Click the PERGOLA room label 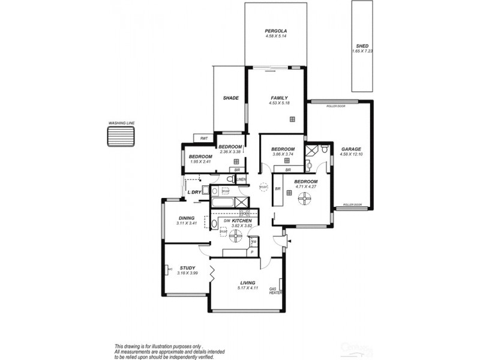click(x=277, y=31)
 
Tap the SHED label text click(x=362, y=46)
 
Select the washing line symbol click(x=121, y=136)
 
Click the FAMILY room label click(x=279, y=98)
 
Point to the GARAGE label click(x=351, y=149)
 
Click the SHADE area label click(x=231, y=98)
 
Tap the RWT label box click(x=204, y=139)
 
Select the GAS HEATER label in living click(x=276, y=290)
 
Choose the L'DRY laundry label click(x=194, y=191)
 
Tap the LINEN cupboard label click(x=241, y=180)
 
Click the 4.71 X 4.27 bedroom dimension click(x=305, y=186)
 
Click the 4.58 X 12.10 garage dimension click(x=351, y=155)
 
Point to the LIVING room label click(x=248, y=283)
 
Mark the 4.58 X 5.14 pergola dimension click(x=277, y=37)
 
